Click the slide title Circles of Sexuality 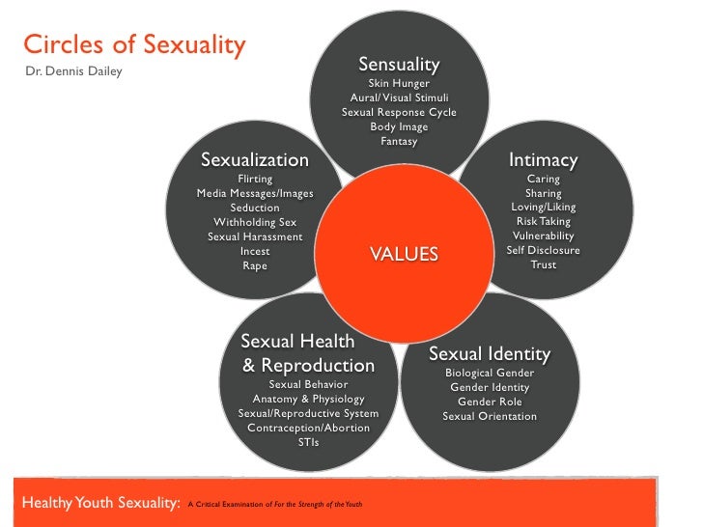click(134, 45)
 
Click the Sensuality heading click(399, 65)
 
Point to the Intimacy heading click(543, 160)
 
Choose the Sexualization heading click(255, 160)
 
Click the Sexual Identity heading click(490, 354)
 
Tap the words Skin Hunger click(399, 84)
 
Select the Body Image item click(399, 126)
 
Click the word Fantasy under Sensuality click(399, 141)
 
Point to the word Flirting click(255, 179)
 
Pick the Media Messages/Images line click(255, 193)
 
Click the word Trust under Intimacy click(543, 264)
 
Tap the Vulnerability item click(543, 236)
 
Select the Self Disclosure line click(543, 250)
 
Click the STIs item click(308, 442)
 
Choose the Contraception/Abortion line click(308, 428)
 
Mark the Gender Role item click(490, 402)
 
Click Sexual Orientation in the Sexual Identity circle click(490, 416)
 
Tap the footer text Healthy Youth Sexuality click(95, 502)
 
